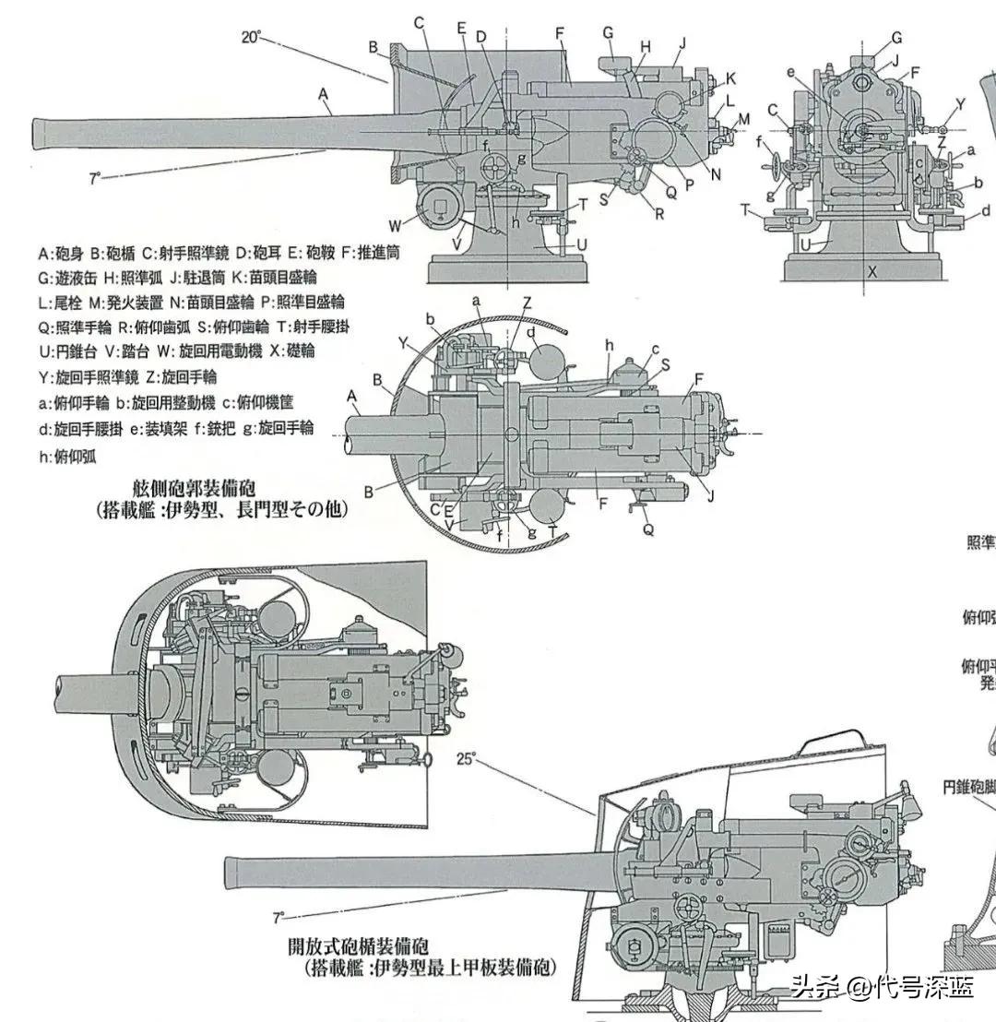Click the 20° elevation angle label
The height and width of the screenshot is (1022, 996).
pos(252,37)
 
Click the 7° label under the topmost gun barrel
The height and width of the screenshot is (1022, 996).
pos(95,179)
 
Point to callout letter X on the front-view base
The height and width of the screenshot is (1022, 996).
pos(871,272)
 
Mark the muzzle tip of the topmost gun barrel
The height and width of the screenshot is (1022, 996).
pos(35,134)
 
